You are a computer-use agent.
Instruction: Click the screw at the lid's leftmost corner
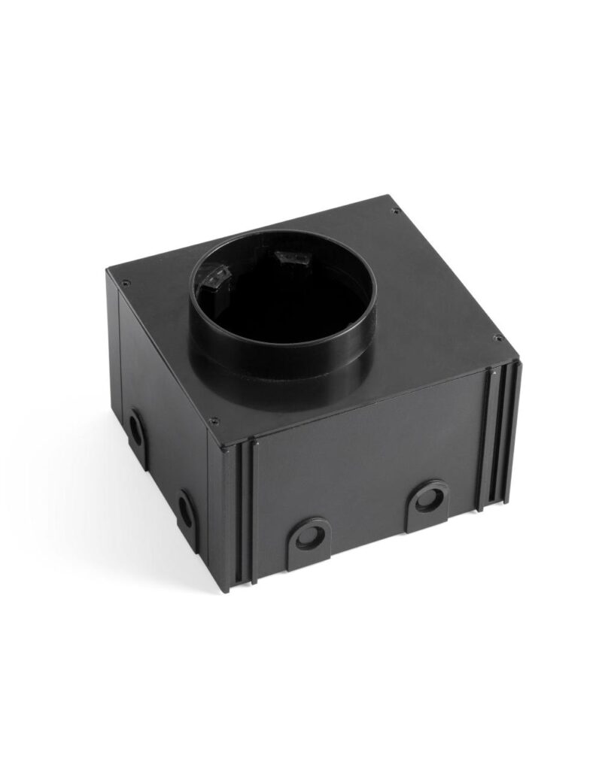coord(126,284)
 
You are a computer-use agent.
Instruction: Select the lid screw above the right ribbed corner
coord(495,338)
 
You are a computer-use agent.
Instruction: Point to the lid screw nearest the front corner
coord(214,420)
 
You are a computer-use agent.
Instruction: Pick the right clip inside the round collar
coord(290,260)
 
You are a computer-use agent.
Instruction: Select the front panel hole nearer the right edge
coord(429,497)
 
